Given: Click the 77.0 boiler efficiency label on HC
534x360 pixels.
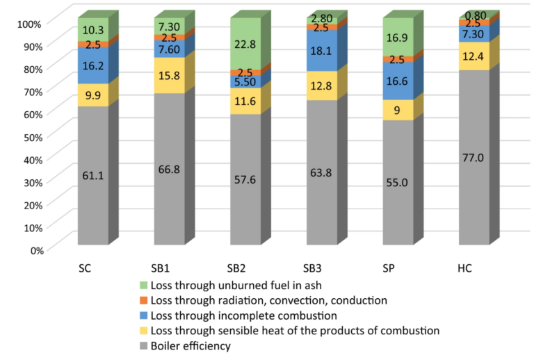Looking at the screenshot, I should pyautogui.click(x=475, y=158).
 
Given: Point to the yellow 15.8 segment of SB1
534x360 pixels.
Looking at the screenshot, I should pyautogui.click(x=169, y=75).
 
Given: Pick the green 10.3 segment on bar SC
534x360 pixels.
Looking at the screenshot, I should pyautogui.click(x=92, y=30).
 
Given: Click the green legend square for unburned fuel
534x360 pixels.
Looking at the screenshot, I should pyautogui.click(x=144, y=285).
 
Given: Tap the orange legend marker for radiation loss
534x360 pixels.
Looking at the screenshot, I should pyautogui.click(x=144, y=300).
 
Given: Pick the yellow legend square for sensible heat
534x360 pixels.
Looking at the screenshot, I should pyautogui.click(x=144, y=331).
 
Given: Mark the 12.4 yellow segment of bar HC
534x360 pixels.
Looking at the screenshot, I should pyautogui.click(x=475, y=56).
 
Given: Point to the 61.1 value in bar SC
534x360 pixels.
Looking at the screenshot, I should pyautogui.click(x=92, y=176).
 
